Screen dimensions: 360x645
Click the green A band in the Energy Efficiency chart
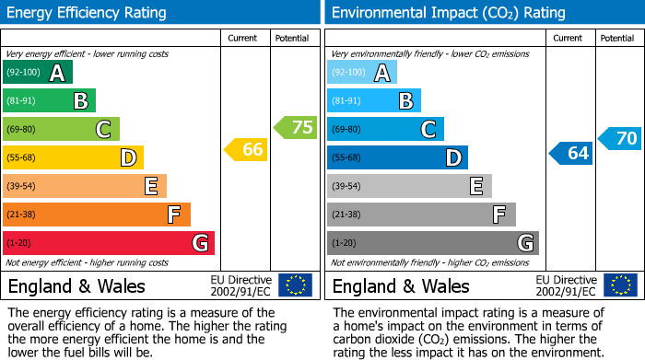click(37, 73)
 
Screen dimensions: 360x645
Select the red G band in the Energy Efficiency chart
click(108, 243)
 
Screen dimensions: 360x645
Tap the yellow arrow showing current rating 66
click(247, 149)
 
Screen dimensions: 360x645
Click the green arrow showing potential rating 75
click(296, 127)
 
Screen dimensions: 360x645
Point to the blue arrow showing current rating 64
click(571, 153)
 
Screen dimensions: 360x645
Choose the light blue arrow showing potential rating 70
click(620, 139)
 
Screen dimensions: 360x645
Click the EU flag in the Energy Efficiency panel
click(295, 285)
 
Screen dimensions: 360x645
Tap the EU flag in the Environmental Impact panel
click(619, 285)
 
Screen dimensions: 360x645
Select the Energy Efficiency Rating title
click(88, 13)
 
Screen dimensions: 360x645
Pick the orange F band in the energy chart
click(96, 215)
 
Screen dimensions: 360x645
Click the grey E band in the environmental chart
click(409, 186)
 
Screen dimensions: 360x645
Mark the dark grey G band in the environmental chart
click(432, 243)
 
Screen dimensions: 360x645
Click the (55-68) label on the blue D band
click(347, 158)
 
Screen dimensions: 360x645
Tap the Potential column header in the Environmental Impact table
click(616, 38)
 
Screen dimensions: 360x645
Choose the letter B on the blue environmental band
click(405, 101)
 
